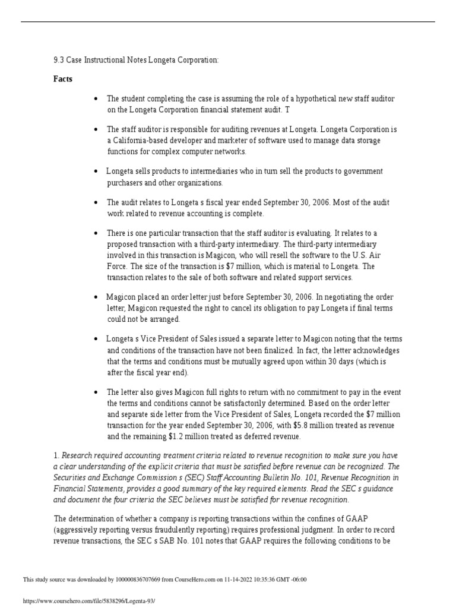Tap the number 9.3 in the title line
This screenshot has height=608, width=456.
coord(58,59)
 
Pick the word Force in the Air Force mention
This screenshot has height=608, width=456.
coord(116,267)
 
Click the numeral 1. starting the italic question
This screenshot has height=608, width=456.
coord(56,455)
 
